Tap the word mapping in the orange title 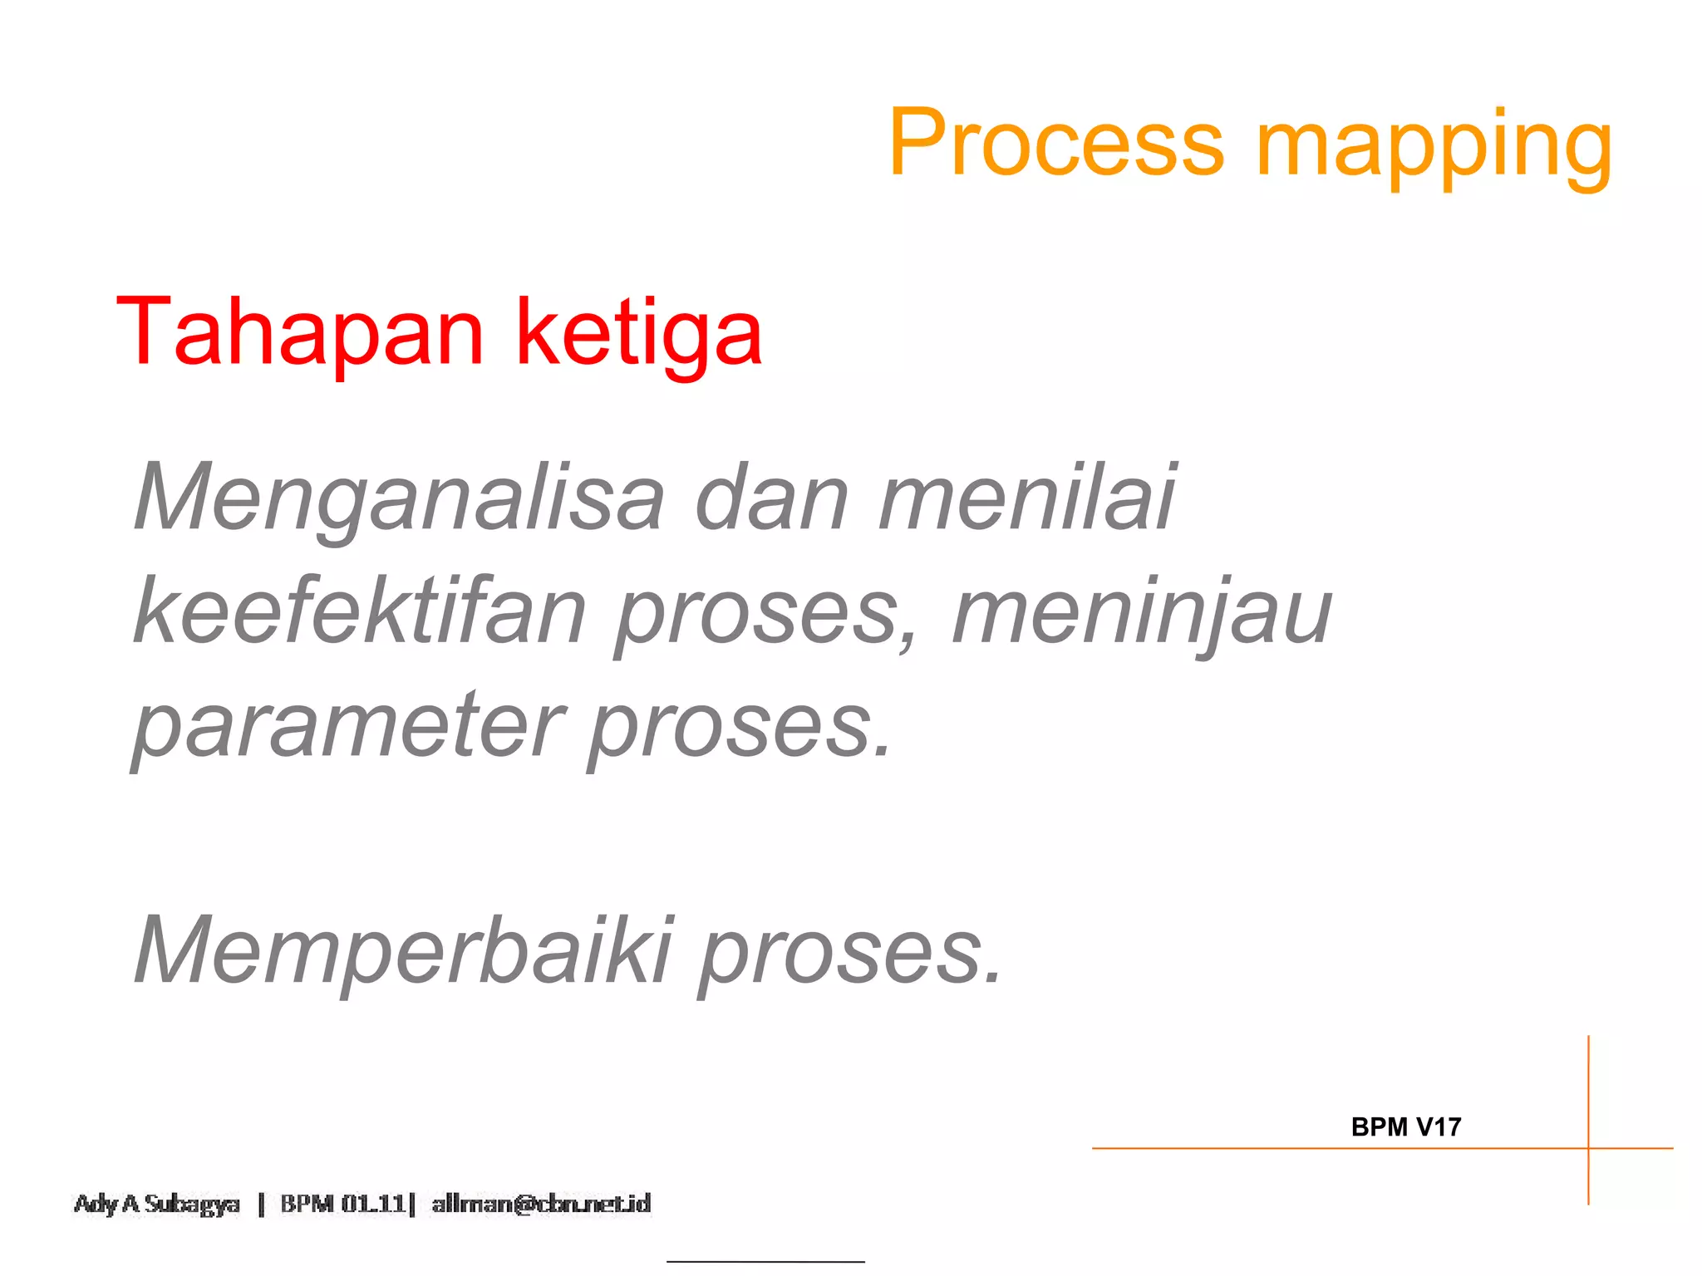(1434, 148)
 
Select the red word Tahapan (300, 332)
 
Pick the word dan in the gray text (772, 497)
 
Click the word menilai (1027, 497)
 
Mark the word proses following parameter (740, 729)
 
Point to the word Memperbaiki (404, 950)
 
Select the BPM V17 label (1405, 1127)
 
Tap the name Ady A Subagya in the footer (157, 1204)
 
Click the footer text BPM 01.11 (343, 1204)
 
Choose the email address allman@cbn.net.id (541, 1204)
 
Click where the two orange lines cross (1588, 1149)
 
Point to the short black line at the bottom (765, 1262)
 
